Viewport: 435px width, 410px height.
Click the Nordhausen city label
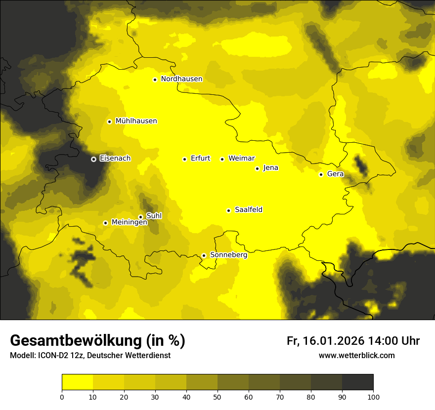pyautogui.click(x=181, y=79)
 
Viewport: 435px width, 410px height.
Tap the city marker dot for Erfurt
pyautogui.click(x=184, y=159)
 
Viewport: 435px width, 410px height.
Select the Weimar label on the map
pyautogui.click(x=241, y=159)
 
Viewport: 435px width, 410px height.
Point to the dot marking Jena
pyautogui.click(x=257, y=168)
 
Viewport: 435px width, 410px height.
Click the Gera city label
pyautogui.click(x=335, y=174)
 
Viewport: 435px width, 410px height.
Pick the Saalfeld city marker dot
pyautogui.click(x=228, y=210)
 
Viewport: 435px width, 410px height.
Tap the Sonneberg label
pyautogui.click(x=228, y=255)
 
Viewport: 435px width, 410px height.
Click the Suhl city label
pyautogui.click(x=154, y=216)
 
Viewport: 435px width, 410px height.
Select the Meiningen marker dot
pyautogui.click(x=105, y=223)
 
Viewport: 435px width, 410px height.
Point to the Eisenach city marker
pyautogui.click(x=93, y=159)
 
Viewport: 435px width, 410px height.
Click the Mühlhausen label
pyautogui.click(x=136, y=121)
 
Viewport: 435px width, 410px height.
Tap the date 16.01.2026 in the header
pyautogui.click(x=333, y=341)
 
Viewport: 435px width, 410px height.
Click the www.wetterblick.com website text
pyautogui.click(x=356, y=356)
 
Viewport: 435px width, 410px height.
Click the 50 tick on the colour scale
pyautogui.click(x=217, y=397)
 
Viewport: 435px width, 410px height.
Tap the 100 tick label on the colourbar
pyautogui.click(x=373, y=397)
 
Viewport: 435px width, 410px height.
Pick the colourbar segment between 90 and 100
pyautogui.click(x=357, y=382)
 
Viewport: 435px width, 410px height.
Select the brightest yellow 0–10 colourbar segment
pyautogui.click(x=77, y=382)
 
